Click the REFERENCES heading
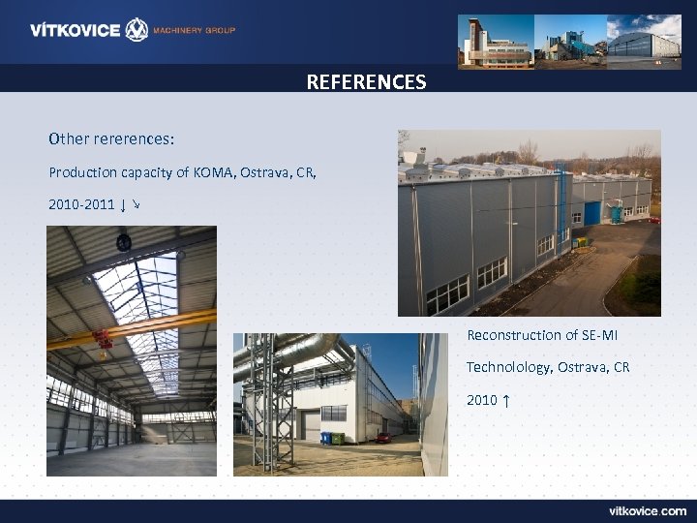[366, 82]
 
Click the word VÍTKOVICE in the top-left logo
[75, 30]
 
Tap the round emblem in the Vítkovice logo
[136, 30]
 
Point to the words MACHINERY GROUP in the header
[194, 30]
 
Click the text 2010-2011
[80, 205]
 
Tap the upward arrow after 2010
[506, 400]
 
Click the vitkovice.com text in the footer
[647, 510]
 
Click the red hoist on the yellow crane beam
[100, 339]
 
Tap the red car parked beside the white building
[383, 438]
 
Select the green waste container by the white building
[338, 439]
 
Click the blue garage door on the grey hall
[591, 212]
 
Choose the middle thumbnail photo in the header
[570, 40]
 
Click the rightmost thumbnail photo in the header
[644, 40]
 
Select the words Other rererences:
[111, 139]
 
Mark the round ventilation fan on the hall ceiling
[123, 243]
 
